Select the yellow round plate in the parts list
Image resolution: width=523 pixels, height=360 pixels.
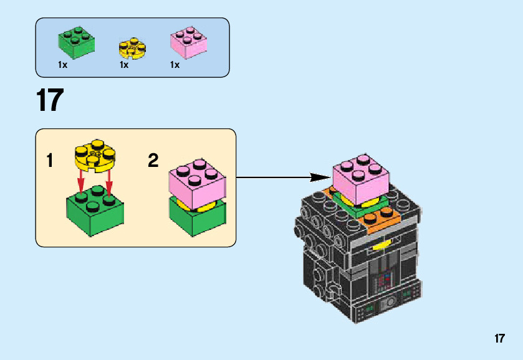click(x=132, y=49)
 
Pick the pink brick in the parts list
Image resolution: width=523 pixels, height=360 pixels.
click(x=188, y=42)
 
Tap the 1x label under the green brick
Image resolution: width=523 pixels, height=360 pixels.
click(x=62, y=65)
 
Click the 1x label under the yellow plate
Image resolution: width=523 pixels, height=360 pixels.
click(x=124, y=65)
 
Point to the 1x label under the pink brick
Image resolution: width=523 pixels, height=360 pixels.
click(x=175, y=65)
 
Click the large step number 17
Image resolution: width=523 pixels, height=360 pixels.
click(x=50, y=101)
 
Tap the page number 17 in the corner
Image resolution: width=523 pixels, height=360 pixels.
click(x=499, y=339)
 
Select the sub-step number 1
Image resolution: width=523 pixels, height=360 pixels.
click(x=49, y=161)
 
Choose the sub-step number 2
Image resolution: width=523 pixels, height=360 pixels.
click(x=153, y=161)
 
